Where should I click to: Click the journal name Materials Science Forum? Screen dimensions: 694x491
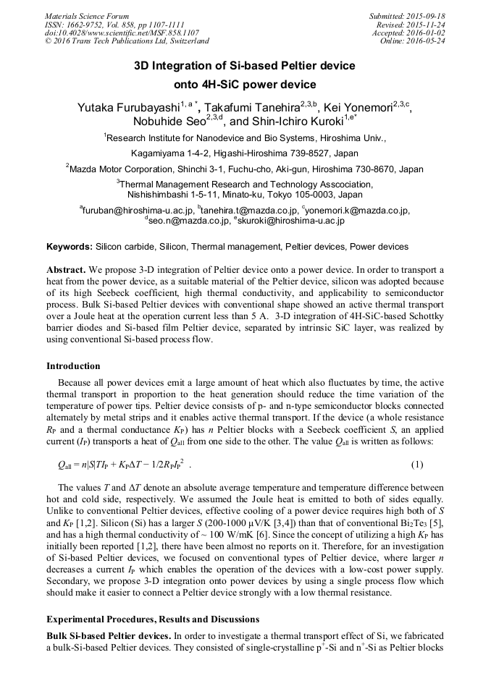click(x=87, y=16)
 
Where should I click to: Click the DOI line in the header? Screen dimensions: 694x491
click(x=112, y=33)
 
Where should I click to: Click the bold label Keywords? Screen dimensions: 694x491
click(x=70, y=247)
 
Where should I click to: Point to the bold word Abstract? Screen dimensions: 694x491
click(x=66, y=268)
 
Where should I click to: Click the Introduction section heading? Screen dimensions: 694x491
click(x=73, y=366)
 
